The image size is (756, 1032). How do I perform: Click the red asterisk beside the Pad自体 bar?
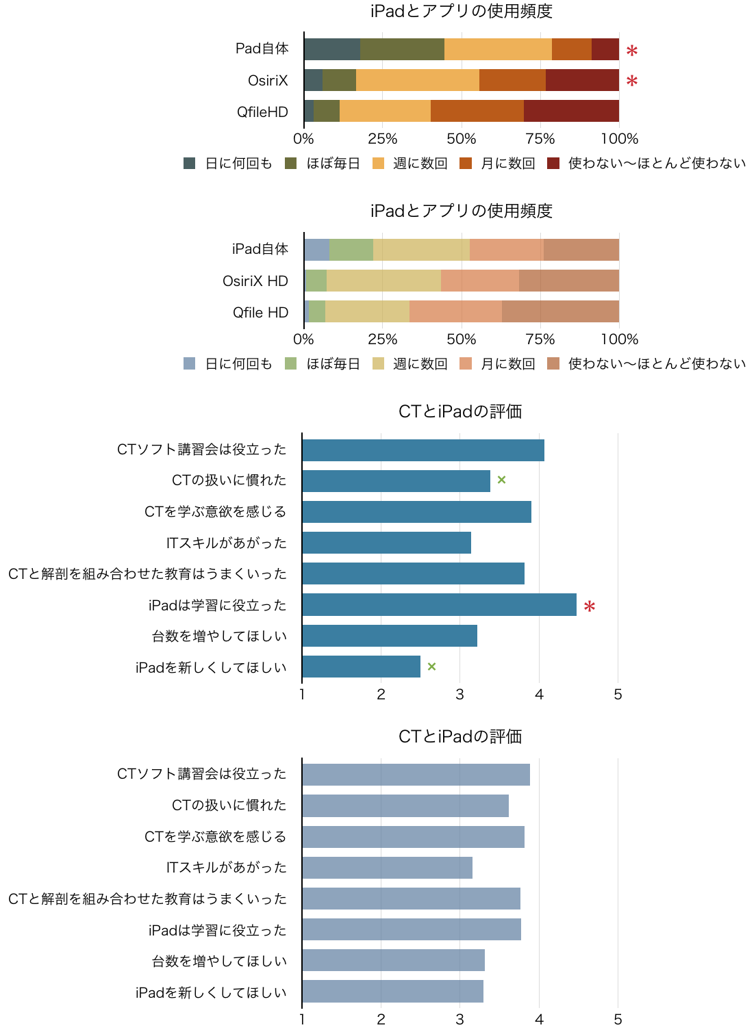click(631, 51)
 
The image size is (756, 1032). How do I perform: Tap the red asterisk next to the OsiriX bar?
click(631, 81)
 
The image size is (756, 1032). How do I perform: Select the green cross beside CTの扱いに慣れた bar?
click(501, 480)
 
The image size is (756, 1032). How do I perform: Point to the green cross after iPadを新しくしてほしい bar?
click(431, 667)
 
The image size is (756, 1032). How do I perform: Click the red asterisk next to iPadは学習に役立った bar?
click(589, 606)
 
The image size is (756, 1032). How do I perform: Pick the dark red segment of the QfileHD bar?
click(571, 111)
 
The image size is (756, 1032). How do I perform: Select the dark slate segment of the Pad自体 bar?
click(332, 49)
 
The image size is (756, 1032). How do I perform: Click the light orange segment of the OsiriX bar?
click(417, 80)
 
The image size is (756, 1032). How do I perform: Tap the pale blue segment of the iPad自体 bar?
click(317, 250)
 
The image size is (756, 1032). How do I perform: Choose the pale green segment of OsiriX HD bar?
click(316, 281)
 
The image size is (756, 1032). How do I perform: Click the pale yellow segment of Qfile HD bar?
click(367, 311)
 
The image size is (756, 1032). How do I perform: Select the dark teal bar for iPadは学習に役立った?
click(439, 605)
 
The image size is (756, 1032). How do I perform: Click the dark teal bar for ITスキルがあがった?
click(386, 543)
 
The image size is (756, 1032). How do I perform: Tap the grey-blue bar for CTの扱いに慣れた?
click(405, 805)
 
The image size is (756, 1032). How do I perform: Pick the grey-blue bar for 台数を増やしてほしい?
click(393, 960)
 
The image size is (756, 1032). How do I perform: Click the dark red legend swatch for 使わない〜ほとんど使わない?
click(554, 164)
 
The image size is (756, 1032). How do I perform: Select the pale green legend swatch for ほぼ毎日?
click(291, 363)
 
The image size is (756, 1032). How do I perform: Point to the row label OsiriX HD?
click(255, 281)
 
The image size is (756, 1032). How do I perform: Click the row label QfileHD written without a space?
click(262, 112)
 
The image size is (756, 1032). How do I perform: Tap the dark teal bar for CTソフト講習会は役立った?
click(423, 450)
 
